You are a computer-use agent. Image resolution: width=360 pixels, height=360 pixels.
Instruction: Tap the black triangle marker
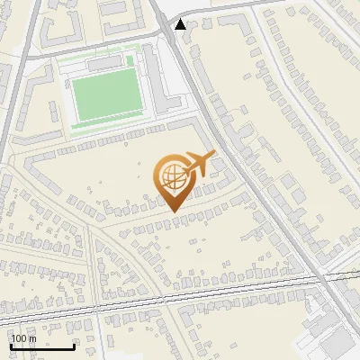(182, 24)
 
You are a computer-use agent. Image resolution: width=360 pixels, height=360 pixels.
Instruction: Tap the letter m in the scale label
(32, 338)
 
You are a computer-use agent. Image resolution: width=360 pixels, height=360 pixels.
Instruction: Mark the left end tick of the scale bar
(12, 346)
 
